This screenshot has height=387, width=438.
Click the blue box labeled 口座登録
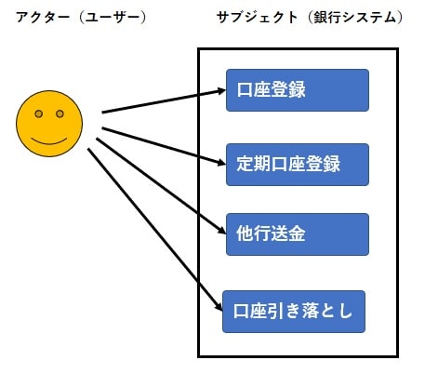[298, 90]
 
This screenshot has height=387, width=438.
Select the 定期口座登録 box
[298, 165]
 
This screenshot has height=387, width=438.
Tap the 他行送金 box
[298, 234]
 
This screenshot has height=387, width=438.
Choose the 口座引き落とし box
[294, 312]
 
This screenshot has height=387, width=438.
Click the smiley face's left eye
[39, 113]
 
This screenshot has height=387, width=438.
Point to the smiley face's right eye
[60, 113]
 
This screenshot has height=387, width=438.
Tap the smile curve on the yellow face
[49, 141]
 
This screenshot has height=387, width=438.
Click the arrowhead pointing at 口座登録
[221, 91]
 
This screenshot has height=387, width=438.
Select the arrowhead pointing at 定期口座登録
[221, 162]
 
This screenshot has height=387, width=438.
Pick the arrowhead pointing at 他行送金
[222, 231]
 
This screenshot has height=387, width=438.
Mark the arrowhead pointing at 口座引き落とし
[219, 306]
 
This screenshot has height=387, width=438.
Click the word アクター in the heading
[43, 18]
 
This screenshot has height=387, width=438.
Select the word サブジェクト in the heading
[257, 18]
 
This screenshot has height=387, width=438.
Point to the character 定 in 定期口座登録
[246, 164]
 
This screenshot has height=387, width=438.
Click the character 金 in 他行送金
[297, 234]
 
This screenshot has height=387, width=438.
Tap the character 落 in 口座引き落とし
[310, 311]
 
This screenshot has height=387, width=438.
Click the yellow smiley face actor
[49, 124]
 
